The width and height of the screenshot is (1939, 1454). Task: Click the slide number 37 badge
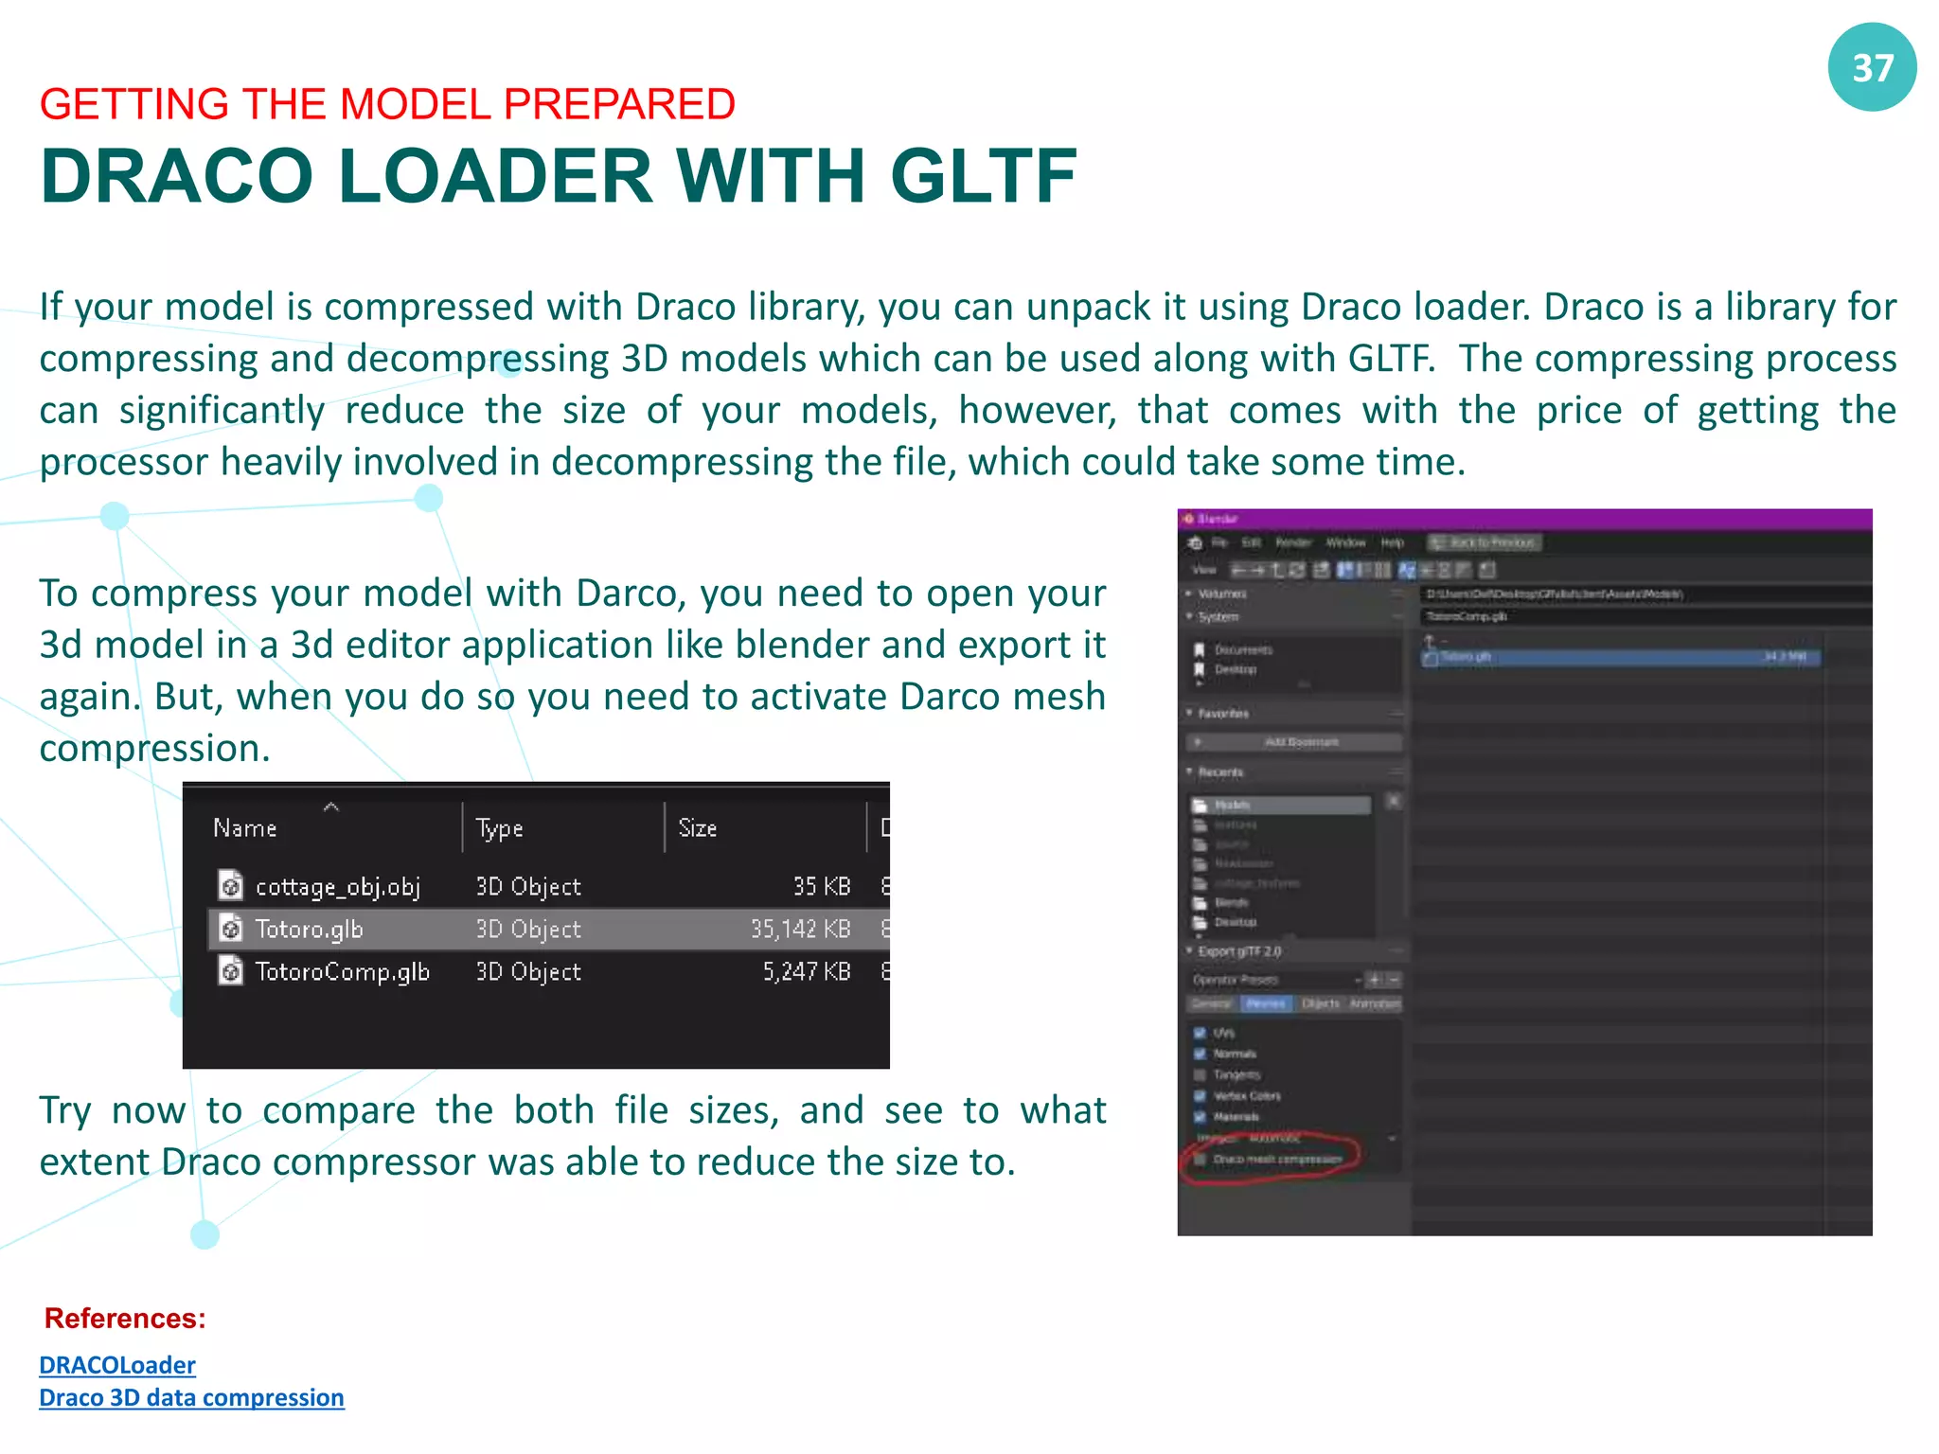[x=1872, y=68]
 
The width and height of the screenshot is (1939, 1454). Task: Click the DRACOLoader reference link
[x=117, y=1365]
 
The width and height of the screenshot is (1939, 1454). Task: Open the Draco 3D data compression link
[x=191, y=1398]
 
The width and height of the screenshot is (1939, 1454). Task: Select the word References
[x=125, y=1319]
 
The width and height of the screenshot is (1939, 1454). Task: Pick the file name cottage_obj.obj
[x=337, y=887]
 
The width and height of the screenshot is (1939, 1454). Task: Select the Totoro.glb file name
[x=309, y=930]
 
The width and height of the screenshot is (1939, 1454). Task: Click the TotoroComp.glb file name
[x=342, y=972]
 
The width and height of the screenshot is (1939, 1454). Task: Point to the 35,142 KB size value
[x=800, y=930]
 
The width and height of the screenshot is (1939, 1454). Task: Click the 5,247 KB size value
[x=807, y=972]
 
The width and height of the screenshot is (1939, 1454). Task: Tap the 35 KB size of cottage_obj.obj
[x=821, y=887]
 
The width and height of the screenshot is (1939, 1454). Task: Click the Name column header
[x=244, y=828]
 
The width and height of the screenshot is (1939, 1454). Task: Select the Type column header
[x=499, y=828]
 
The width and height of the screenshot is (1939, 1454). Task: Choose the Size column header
[x=697, y=828]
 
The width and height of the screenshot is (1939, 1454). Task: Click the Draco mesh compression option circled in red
[x=1277, y=1160]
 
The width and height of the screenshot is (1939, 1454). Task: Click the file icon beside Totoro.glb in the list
[x=230, y=930]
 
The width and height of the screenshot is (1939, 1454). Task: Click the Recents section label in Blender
[x=1220, y=772]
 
